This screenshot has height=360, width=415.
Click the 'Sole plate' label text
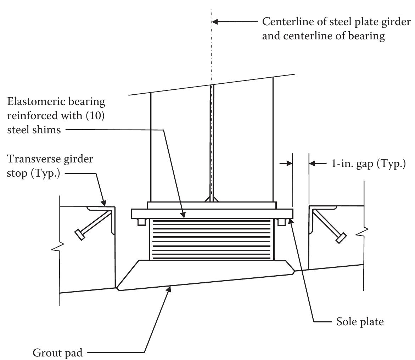point(360,322)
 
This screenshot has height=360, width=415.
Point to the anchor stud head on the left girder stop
point(80,235)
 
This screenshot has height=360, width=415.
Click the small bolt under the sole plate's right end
point(282,222)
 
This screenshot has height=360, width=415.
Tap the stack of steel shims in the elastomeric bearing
point(212,239)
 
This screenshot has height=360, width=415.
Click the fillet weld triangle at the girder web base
point(212,200)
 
